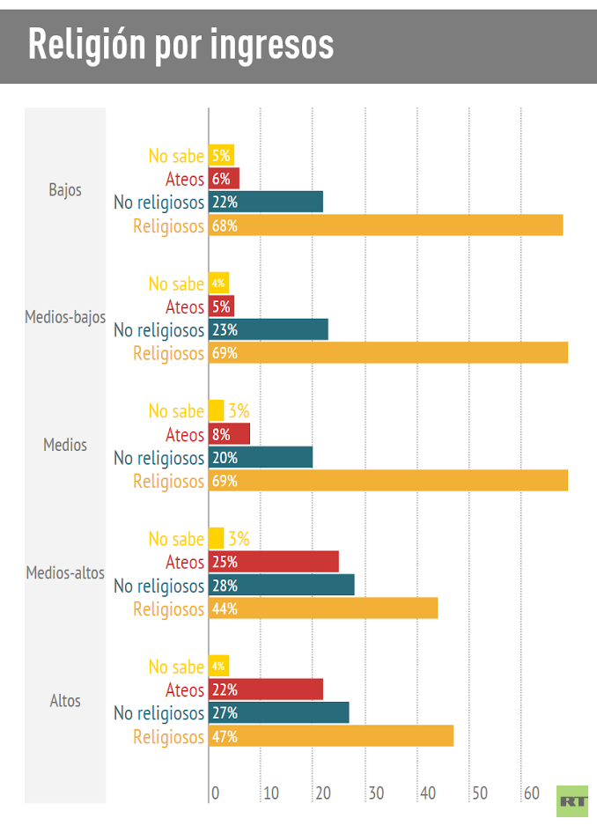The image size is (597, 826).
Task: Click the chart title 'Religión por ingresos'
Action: point(181,44)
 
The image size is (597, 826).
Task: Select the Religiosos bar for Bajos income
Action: point(386,225)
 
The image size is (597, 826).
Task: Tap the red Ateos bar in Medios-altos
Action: point(274,562)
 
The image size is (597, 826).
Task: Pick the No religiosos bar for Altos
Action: point(279,712)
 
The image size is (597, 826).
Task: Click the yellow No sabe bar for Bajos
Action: point(221,156)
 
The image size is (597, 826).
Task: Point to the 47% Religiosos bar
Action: point(331,736)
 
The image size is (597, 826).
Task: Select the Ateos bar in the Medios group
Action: point(230,434)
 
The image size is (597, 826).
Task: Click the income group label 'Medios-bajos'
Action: point(65,317)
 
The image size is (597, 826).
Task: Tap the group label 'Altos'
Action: point(65,701)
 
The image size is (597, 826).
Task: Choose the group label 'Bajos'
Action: point(65,189)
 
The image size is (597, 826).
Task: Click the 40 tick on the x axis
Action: point(427,793)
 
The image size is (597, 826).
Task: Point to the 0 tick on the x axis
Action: point(215,793)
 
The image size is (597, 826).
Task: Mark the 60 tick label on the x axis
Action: point(531,793)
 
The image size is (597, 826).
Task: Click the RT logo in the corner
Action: point(572,800)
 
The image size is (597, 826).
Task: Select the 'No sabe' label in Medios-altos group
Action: point(176,539)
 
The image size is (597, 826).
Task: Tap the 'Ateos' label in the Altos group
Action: point(185,690)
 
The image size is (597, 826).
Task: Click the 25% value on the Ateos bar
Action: point(225,562)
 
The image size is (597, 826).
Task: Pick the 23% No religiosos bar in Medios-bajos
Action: point(269,329)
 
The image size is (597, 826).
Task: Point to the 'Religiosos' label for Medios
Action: point(168,481)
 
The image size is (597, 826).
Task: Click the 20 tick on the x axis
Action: point(323,793)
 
